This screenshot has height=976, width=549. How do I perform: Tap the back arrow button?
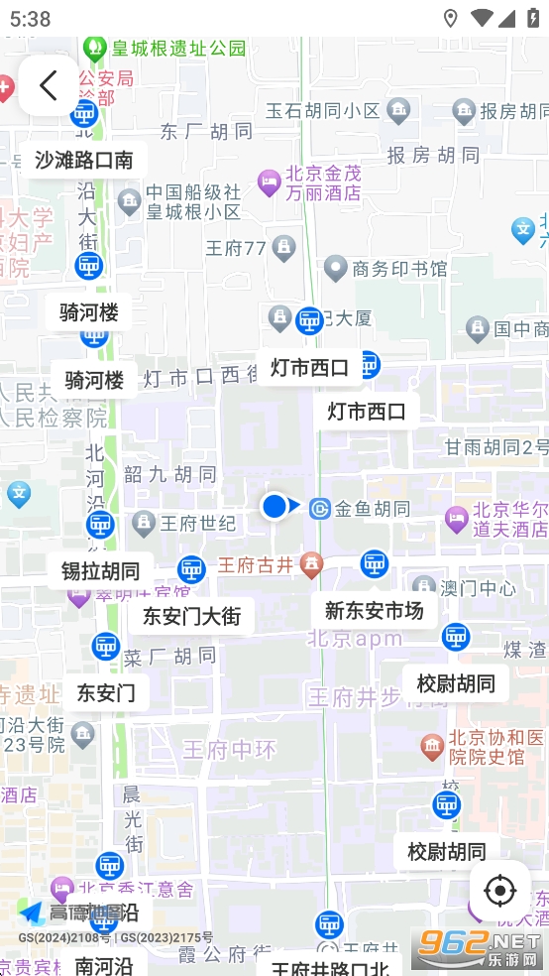(x=48, y=85)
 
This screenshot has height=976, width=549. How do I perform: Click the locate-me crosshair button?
(x=499, y=891)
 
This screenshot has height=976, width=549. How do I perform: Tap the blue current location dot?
(x=274, y=507)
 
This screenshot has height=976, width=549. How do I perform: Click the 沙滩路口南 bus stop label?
(x=83, y=160)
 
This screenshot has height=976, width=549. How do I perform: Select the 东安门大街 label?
(x=191, y=616)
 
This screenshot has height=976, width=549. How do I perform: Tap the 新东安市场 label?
(x=374, y=611)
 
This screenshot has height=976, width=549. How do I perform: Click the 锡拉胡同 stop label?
(x=100, y=571)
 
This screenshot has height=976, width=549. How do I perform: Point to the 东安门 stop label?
(x=106, y=692)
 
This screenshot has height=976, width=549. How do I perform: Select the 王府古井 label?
(x=256, y=565)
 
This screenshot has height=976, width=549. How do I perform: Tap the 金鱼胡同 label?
(x=372, y=509)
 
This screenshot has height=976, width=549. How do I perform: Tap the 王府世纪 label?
(x=198, y=523)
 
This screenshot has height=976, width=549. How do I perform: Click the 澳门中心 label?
(x=478, y=588)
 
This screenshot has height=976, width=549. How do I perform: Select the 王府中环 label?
(x=230, y=750)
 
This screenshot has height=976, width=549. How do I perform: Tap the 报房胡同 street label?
(x=433, y=155)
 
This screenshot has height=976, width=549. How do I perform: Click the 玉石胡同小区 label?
(x=323, y=110)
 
